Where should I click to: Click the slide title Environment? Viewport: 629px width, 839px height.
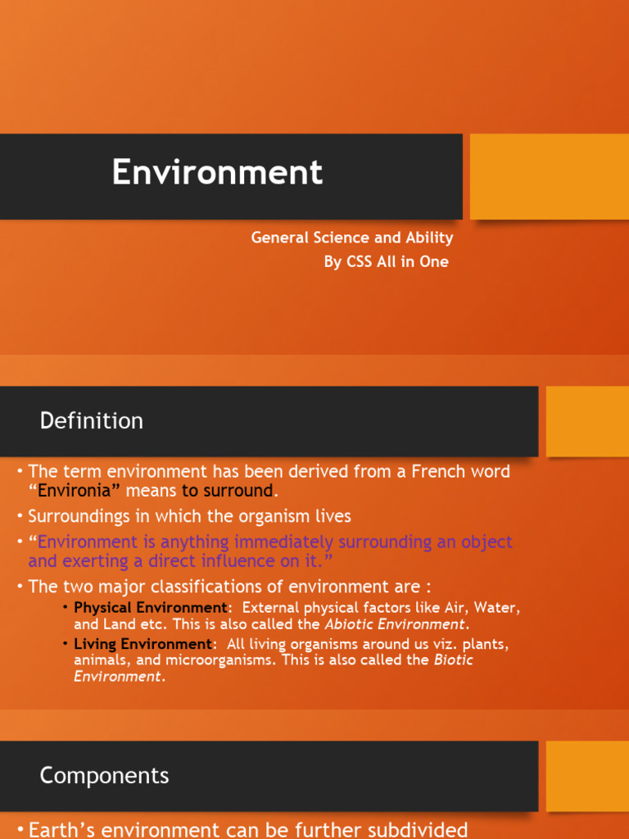point(217,173)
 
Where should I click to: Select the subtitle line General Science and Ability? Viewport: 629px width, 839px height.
point(351,238)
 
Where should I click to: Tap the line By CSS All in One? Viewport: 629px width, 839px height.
point(386,262)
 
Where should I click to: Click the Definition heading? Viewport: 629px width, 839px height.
point(91,421)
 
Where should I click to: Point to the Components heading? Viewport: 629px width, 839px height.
point(104,775)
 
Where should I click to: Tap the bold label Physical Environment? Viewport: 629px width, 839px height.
point(149,608)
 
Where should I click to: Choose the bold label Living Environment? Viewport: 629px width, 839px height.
point(143,644)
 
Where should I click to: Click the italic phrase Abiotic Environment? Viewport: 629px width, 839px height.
point(395,624)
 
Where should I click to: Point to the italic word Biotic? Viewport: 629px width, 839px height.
point(453,660)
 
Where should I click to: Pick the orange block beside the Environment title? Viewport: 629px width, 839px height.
point(549,176)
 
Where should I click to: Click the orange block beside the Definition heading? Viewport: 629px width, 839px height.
point(586,421)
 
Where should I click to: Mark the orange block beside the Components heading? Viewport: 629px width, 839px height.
point(586,776)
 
